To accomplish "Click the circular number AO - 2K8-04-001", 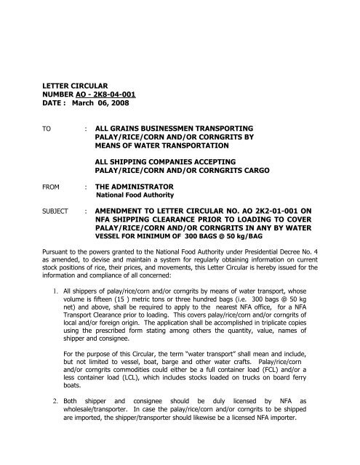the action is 111,94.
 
